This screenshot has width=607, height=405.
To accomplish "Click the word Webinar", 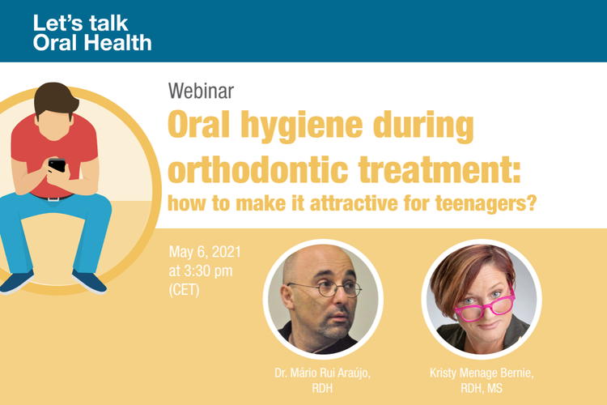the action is pyautogui.click(x=201, y=91).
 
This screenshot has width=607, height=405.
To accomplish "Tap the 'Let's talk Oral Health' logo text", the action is pyautogui.click(x=92, y=33).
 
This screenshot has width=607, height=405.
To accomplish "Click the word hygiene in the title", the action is pyautogui.click(x=302, y=126).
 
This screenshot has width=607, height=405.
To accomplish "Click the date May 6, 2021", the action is pyautogui.click(x=205, y=252).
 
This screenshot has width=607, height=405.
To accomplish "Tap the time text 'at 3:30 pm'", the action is pyautogui.click(x=201, y=271).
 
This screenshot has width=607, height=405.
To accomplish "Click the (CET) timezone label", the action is pyautogui.click(x=185, y=290).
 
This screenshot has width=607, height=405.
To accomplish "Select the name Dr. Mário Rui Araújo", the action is pyautogui.click(x=322, y=373).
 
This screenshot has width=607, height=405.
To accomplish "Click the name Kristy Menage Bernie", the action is pyautogui.click(x=482, y=373).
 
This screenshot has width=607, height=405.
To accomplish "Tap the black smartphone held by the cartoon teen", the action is pyautogui.click(x=57, y=165).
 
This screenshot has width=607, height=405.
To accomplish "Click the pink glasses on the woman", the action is pyautogui.click(x=485, y=306).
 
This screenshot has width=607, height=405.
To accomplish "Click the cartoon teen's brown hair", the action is pyautogui.click(x=55, y=99).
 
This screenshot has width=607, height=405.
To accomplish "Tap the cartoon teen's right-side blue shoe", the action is pyautogui.click(x=89, y=281).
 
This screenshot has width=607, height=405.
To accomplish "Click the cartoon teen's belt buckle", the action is pyautogui.click(x=53, y=198).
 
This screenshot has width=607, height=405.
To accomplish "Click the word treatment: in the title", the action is pyautogui.click(x=439, y=169).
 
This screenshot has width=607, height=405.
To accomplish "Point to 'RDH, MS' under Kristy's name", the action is pyautogui.click(x=482, y=388).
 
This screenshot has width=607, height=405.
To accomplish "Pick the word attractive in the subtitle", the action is pyautogui.click(x=354, y=203).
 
